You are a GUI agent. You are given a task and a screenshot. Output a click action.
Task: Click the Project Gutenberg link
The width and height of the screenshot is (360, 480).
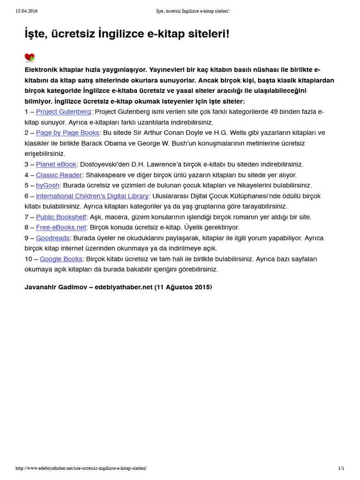(63, 112)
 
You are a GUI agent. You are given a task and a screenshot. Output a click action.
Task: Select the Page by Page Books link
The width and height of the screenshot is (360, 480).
(67, 133)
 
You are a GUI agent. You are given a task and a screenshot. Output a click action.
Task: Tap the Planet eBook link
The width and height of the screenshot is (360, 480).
(56, 165)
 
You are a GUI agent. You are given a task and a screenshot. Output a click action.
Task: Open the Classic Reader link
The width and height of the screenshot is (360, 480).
(59, 175)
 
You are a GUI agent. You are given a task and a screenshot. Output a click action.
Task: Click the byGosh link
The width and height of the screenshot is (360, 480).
(47, 186)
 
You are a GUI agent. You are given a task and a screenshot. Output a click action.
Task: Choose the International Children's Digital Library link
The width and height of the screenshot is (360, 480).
(92, 196)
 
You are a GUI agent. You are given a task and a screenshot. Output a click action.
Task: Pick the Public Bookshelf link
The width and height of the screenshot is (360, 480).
(61, 217)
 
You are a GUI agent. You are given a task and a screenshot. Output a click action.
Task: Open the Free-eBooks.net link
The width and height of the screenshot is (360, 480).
(61, 227)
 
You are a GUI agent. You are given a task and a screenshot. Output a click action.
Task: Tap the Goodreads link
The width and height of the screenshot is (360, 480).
(52, 238)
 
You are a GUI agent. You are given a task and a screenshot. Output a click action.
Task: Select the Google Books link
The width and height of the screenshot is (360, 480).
(61, 259)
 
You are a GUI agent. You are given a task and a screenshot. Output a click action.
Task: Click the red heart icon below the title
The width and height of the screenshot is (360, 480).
(30, 58)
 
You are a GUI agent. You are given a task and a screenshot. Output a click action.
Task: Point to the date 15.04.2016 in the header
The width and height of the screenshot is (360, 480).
(27, 11)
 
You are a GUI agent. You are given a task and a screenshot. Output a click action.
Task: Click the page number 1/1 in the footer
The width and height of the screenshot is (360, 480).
(341, 468)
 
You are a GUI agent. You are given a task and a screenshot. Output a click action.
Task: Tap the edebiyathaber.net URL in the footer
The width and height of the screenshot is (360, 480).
(81, 468)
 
